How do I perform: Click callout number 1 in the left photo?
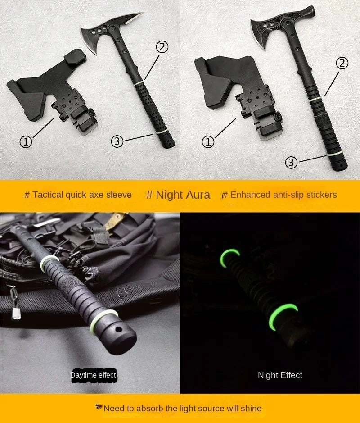pyautogui.click(x=26, y=142)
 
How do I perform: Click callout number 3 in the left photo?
pyautogui.click(x=117, y=141)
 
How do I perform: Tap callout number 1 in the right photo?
pyautogui.click(x=208, y=142)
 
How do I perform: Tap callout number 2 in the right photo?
pyautogui.click(x=342, y=63)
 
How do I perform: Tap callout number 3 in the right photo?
pyautogui.click(x=292, y=162)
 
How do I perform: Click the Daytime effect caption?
pyautogui.click(x=93, y=375)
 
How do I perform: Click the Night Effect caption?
pyautogui.click(x=280, y=375)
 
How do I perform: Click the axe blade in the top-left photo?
pyautogui.click(x=94, y=38)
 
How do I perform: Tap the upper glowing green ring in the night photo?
pyautogui.click(x=229, y=258)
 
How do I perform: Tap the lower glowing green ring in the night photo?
pyautogui.click(x=284, y=313)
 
